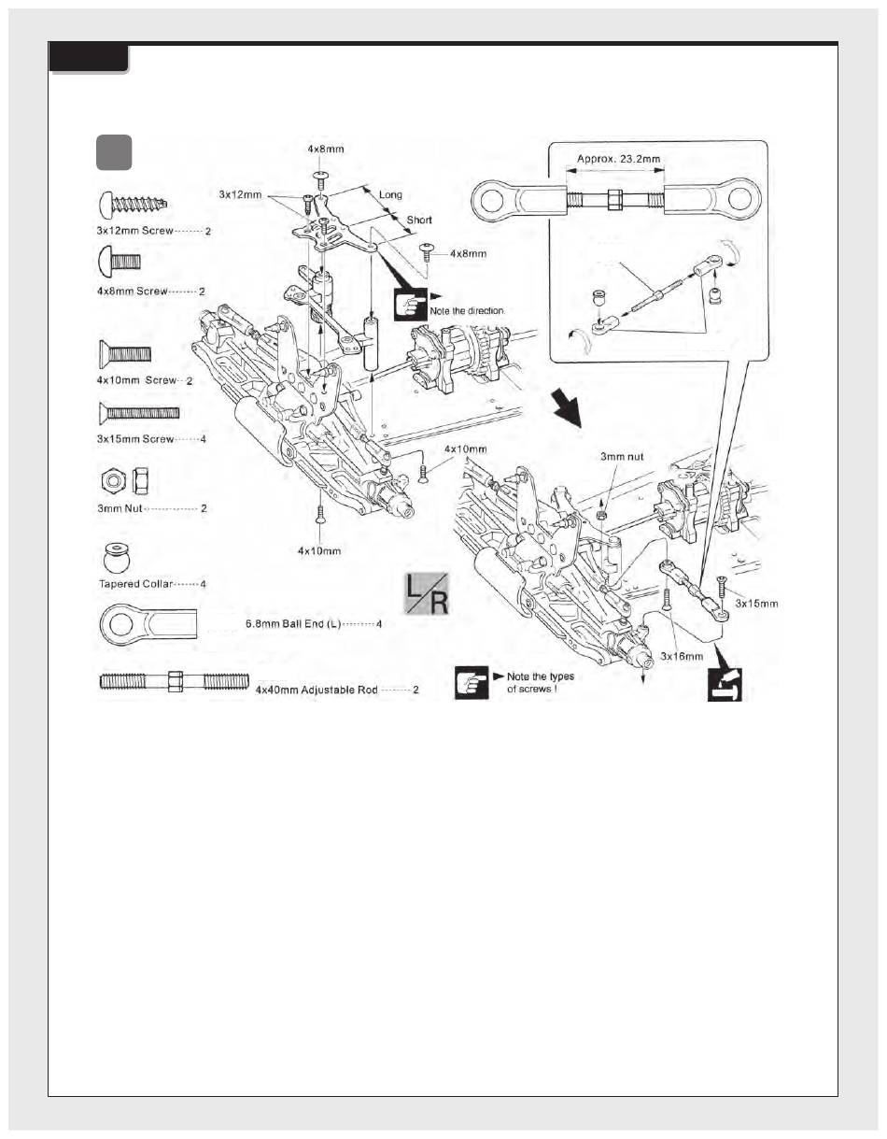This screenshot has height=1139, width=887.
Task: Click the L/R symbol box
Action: pos(426,593)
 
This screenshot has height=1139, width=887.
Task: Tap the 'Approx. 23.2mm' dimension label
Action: pos(618,159)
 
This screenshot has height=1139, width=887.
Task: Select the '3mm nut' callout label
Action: pos(622,457)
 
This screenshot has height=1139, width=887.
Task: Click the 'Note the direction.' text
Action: pos(468,311)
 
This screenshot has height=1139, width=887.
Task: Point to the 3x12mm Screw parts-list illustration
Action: pos(133,206)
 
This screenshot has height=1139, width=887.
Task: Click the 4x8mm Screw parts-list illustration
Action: pos(120,261)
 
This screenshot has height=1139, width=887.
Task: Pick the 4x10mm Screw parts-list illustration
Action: pos(124,354)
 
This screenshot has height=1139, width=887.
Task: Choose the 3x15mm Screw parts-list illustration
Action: pos(139,413)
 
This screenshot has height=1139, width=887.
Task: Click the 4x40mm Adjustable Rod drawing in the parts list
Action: pos(175,681)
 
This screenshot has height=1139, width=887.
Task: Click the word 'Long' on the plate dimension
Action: pos(390,194)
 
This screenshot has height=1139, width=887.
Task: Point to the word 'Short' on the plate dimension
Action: pos(419,220)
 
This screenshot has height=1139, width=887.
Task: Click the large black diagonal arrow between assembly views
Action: pos(567,409)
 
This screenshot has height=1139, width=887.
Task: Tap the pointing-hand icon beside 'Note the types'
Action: pos(471,682)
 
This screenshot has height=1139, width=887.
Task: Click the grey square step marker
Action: pos(114,152)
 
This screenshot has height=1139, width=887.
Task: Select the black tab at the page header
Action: pos(89,57)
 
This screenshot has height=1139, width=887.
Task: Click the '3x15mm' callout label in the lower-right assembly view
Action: pos(756,604)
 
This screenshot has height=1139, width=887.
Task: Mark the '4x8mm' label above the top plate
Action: pos(326,149)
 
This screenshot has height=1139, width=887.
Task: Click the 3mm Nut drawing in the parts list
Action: pos(127,481)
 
